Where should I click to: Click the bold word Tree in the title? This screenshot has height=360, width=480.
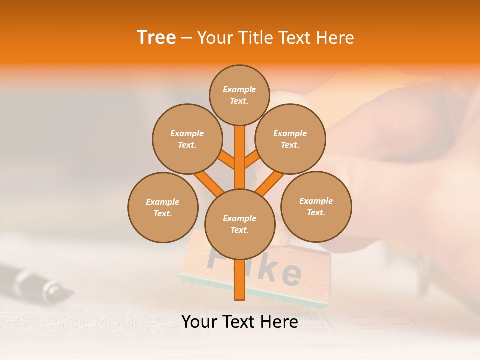pos(156,37)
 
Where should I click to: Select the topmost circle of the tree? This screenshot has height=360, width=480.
pos(239,95)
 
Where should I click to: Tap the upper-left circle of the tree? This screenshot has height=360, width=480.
pos(187,139)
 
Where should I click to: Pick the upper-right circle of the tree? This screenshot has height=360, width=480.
pos(290,139)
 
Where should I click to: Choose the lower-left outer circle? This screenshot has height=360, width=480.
pos(162,207)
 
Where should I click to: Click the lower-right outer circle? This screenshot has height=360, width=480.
pos(316,206)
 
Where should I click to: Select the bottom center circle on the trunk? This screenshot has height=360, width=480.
pos(239,224)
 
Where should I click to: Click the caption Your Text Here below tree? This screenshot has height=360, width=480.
pos(239,322)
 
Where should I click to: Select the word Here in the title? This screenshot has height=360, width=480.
pos(335,37)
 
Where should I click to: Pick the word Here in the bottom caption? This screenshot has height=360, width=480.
pos(279,322)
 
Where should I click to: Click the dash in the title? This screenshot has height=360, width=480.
pos(186,38)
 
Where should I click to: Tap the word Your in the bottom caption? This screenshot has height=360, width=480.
pos(199,322)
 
